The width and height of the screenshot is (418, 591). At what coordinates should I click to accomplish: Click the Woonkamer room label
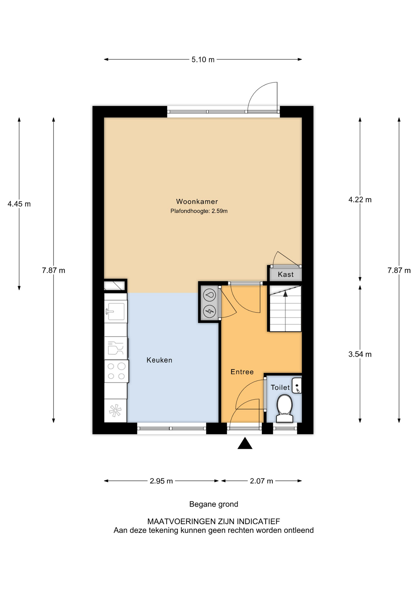197,202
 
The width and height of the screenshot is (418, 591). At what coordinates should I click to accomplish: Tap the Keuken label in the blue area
159,360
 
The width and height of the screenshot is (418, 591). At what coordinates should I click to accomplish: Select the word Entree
242,372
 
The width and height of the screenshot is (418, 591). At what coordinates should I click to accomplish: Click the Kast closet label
286,275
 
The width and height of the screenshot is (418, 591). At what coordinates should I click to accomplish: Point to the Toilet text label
280,388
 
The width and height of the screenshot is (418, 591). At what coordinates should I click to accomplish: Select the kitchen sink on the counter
116,312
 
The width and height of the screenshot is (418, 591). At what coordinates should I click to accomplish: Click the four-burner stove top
116,371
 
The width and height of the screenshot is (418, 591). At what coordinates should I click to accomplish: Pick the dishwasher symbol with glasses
116,348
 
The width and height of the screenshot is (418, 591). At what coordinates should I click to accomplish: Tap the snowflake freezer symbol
115,411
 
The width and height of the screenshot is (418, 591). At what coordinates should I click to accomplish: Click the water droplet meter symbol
210,295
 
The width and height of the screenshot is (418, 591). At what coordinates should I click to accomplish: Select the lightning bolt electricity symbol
210,311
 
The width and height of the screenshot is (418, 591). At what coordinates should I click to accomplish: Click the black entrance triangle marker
245,444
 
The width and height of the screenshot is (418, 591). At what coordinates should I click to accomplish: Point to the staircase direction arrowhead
285,294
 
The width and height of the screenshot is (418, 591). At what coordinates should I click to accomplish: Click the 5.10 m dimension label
203,60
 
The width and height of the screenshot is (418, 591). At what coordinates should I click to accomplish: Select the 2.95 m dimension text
161,481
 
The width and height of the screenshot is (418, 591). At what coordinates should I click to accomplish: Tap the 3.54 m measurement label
360,354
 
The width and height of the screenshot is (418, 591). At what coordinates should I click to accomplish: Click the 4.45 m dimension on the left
19,204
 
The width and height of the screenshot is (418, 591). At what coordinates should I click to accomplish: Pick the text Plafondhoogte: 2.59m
199,211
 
